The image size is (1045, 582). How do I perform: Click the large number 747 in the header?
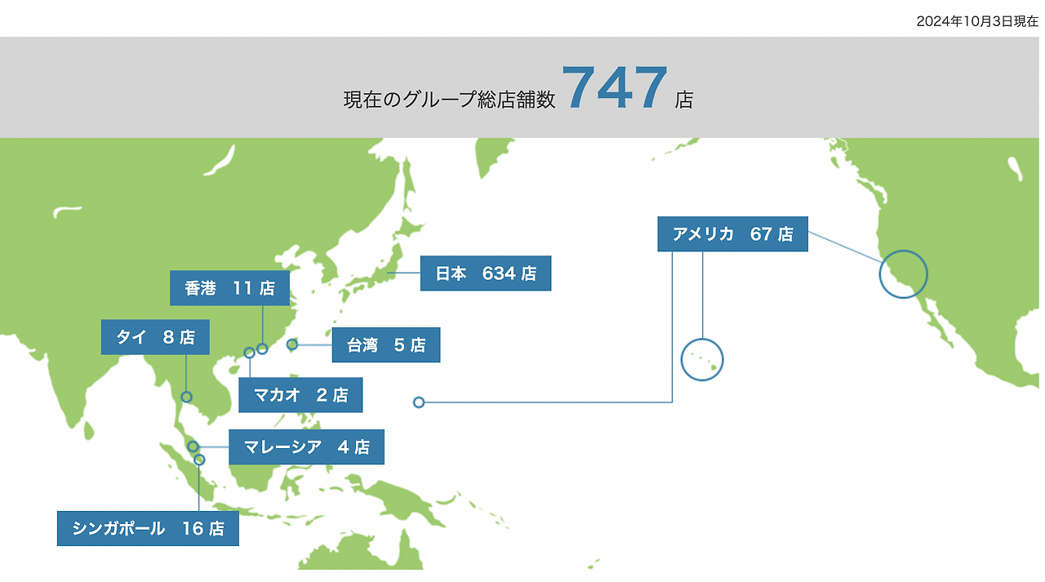[x=615, y=88]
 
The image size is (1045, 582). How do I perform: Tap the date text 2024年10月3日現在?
[x=976, y=22]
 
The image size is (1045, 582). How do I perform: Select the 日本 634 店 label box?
[x=485, y=273]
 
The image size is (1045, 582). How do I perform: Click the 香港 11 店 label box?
[x=229, y=288]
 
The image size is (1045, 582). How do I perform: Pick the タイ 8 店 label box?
[x=155, y=337]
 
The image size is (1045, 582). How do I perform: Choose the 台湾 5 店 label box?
[x=385, y=345]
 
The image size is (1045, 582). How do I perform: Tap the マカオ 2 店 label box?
[x=300, y=395]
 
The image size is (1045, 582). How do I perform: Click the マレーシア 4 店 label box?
[x=306, y=447]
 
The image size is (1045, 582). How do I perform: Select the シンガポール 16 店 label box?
[x=148, y=528]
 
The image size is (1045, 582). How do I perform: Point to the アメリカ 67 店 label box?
[x=732, y=234]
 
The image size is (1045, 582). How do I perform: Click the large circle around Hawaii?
[x=702, y=359]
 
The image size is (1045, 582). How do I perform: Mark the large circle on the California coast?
[x=903, y=273]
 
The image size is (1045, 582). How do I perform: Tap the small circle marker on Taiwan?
[x=292, y=344]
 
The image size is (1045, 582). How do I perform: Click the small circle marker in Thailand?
[x=186, y=397]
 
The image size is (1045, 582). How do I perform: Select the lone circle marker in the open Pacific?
[x=419, y=402]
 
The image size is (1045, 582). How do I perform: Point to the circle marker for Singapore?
[x=199, y=460]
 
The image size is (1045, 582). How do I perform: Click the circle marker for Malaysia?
[x=193, y=446]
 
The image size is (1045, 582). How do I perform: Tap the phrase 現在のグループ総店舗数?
[x=449, y=100]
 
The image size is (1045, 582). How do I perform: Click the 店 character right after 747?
[x=684, y=100]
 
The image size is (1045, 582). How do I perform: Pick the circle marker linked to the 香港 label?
[x=262, y=349]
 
